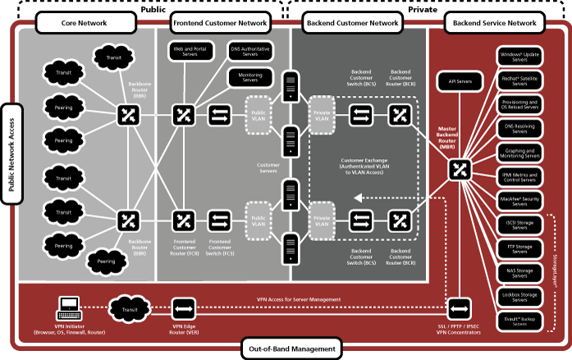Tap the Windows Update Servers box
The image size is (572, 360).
point(519,57)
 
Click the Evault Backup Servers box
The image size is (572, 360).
point(519,320)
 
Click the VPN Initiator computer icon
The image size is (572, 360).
point(68,309)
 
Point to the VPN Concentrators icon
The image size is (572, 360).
point(460,308)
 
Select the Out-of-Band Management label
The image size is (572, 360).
point(291,349)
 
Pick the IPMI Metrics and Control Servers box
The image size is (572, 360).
point(519,176)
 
